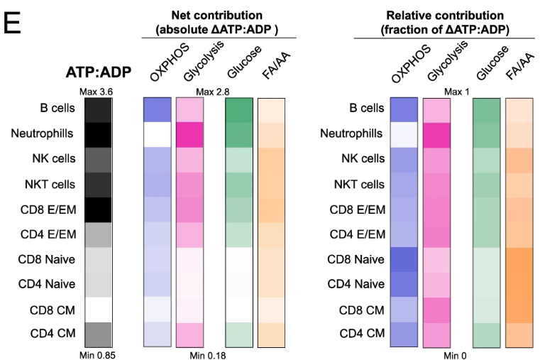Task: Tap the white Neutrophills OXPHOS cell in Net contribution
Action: pos(158,133)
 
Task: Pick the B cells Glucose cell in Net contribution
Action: pos(239,109)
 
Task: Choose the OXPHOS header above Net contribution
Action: pos(166,66)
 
